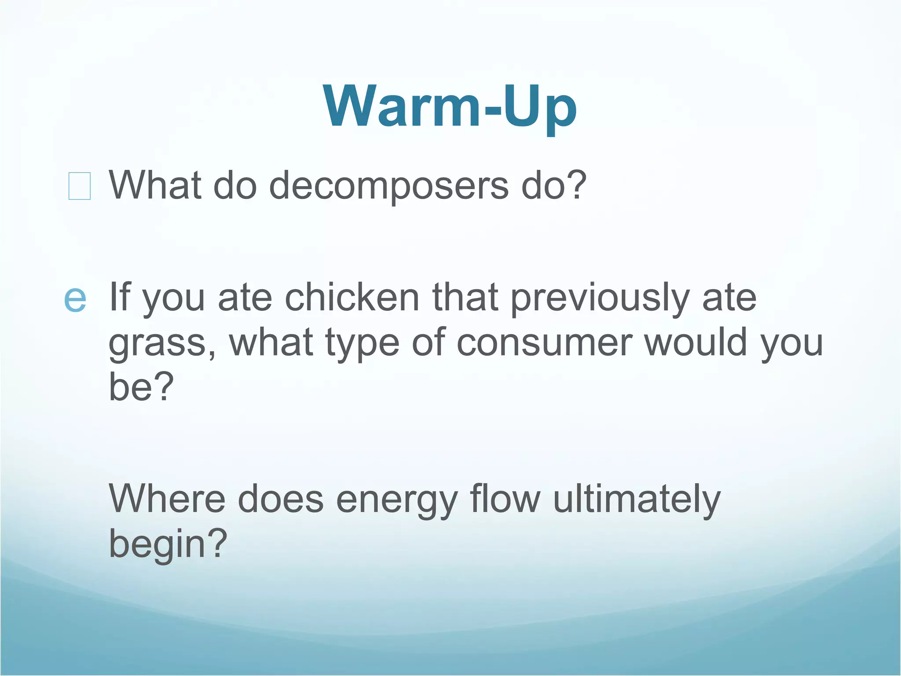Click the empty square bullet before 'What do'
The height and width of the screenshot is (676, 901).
click(80, 186)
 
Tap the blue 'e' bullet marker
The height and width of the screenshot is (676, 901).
click(75, 299)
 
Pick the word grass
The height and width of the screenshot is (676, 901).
click(157, 343)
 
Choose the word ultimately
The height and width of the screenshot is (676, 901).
click(636, 500)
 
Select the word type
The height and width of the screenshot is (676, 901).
click(362, 343)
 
